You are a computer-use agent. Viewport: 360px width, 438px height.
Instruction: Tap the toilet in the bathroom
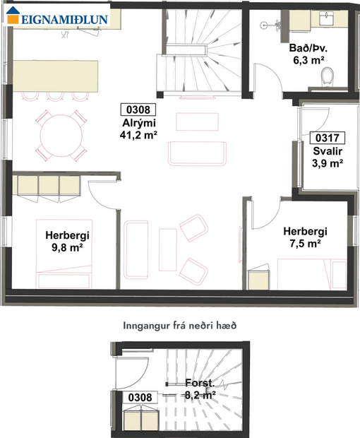click(x=327, y=76)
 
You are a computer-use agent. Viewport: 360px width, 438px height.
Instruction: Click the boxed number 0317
click(x=327, y=138)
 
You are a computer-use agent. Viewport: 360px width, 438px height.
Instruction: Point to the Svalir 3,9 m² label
click(x=327, y=157)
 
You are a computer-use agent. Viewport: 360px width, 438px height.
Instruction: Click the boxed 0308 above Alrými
click(x=138, y=109)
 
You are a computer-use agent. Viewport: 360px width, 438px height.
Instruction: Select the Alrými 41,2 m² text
click(x=138, y=129)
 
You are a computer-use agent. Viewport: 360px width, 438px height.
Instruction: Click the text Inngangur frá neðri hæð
click(x=179, y=326)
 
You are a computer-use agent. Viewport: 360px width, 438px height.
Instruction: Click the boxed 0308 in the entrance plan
click(x=139, y=397)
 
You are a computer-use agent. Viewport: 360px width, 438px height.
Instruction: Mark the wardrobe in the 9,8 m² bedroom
click(x=47, y=187)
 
